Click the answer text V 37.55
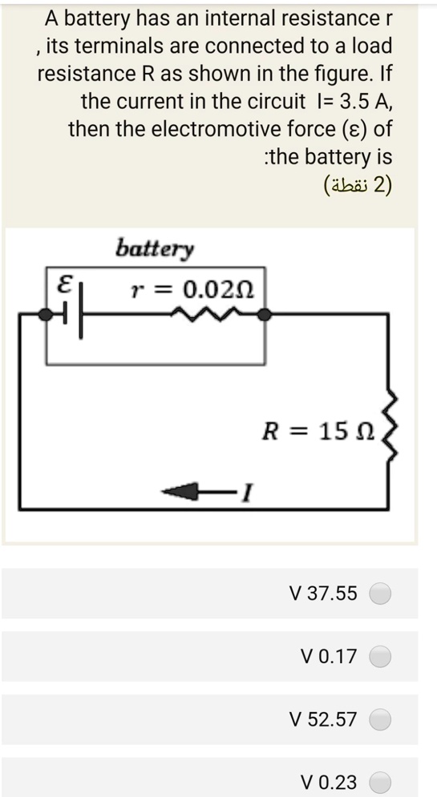click(325, 594)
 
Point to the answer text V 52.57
click(325, 719)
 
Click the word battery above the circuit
click(155, 248)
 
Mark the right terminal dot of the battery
click(264, 316)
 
